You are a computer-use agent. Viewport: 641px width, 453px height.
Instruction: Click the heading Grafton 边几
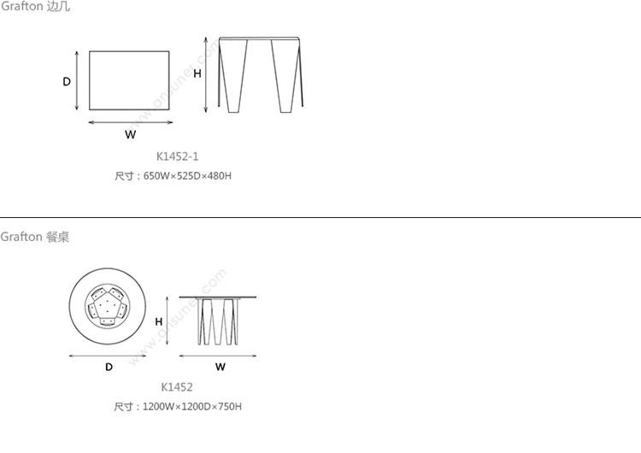pos(35,6)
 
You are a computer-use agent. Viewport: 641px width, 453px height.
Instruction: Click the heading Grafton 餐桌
pos(35,237)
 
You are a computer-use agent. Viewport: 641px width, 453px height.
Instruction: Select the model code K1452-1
pos(178,156)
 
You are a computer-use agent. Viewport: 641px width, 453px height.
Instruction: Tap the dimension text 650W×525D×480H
pos(187,176)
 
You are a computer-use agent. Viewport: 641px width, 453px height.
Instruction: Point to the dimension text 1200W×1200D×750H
pos(192,406)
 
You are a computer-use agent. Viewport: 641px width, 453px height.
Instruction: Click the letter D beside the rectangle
pos(67,82)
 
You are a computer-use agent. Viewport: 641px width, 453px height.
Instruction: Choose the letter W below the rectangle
pos(131,134)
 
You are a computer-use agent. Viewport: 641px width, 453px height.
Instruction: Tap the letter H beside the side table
pos(197,74)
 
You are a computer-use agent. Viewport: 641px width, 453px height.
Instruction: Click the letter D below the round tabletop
pos(109,367)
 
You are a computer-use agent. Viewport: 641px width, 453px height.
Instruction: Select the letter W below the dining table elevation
pos(221,367)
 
